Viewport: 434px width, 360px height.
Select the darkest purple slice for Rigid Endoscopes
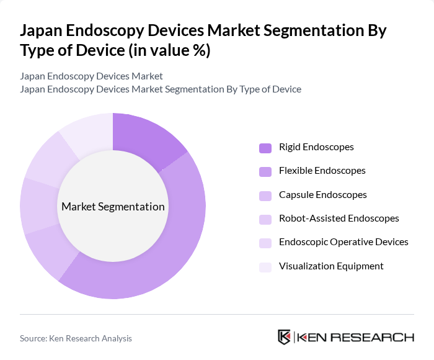point(146,140)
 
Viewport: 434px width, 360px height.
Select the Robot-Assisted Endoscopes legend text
point(339,218)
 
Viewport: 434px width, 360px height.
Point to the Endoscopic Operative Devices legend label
point(343,242)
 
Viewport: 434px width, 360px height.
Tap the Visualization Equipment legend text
point(331,266)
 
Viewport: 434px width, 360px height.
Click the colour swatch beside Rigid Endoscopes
point(265,148)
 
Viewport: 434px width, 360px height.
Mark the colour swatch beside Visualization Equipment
point(265,267)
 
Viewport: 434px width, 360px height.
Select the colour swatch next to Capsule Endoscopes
point(265,196)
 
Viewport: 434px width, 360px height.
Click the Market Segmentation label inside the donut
point(113,207)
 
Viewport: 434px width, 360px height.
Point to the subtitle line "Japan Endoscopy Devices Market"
point(91,76)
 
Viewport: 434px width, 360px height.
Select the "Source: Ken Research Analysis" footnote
point(76,338)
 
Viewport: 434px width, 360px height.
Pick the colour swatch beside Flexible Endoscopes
point(265,171)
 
